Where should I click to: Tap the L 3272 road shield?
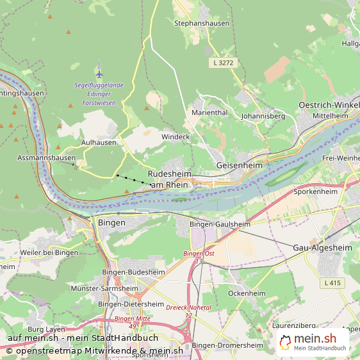224,63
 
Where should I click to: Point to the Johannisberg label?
263,117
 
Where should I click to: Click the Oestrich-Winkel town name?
329,105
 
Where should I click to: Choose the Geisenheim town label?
240,165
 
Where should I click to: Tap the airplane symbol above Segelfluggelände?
99,73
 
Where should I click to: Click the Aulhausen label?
99,143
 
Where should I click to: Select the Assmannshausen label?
46,158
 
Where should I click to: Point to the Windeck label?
176,137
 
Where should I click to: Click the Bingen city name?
111,222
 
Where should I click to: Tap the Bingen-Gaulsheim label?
220,225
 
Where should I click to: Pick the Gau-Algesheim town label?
322,248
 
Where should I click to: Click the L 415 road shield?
334,282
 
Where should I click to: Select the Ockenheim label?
247,293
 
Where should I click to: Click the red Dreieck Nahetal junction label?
188,311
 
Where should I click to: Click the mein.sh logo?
314,342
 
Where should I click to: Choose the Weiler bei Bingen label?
49,252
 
